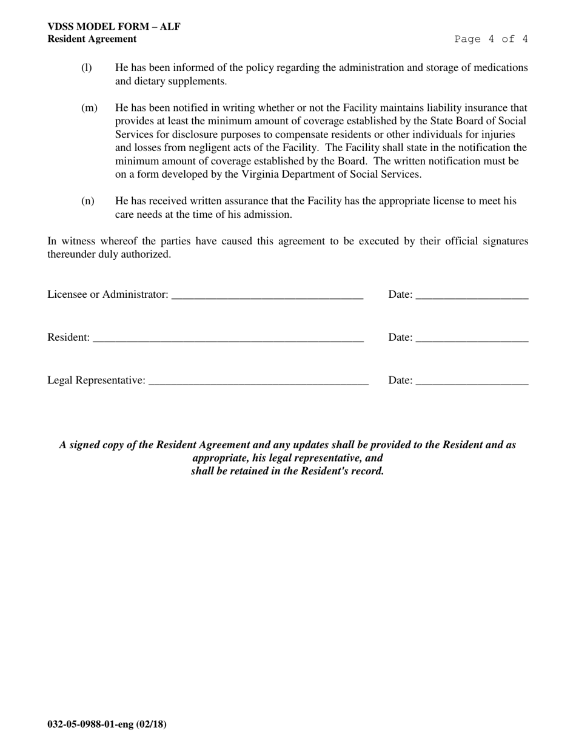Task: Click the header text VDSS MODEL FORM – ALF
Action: [113, 27]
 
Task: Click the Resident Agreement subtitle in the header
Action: [92, 39]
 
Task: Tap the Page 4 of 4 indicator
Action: [491, 39]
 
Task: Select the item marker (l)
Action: [87, 67]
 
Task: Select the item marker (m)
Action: [89, 108]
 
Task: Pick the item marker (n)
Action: [88, 201]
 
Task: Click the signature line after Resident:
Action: [228, 339]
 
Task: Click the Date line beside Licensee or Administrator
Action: [472, 296]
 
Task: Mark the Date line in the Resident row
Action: [472, 339]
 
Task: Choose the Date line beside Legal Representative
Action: [472, 382]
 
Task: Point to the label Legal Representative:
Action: [96, 380]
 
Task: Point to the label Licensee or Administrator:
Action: [108, 294]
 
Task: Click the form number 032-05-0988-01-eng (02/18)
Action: [107, 724]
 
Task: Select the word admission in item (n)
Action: [266, 214]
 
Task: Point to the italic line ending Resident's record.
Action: [287, 471]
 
